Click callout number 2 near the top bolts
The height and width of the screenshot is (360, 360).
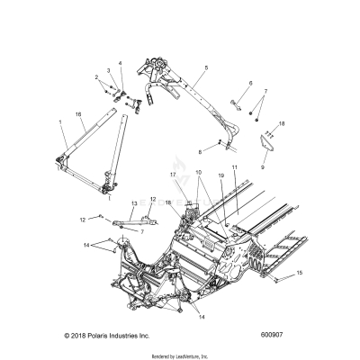click(x=96, y=78)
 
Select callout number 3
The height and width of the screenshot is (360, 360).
click(x=108, y=69)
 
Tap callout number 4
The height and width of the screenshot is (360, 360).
click(x=120, y=63)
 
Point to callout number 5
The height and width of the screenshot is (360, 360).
click(x=206, y=67)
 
